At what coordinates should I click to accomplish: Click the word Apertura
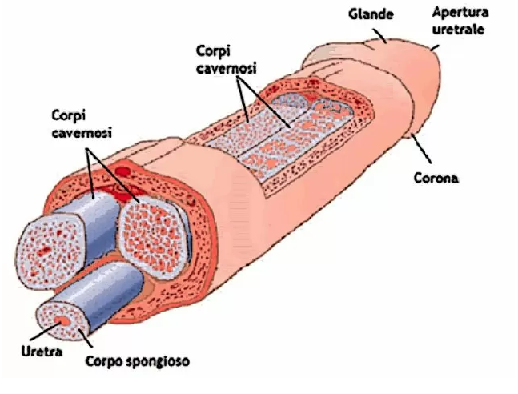pos(459,12)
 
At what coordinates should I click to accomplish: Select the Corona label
pos(436,178)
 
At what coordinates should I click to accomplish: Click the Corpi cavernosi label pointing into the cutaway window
pos(225,59)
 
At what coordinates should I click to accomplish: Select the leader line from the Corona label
pos(421,152)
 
